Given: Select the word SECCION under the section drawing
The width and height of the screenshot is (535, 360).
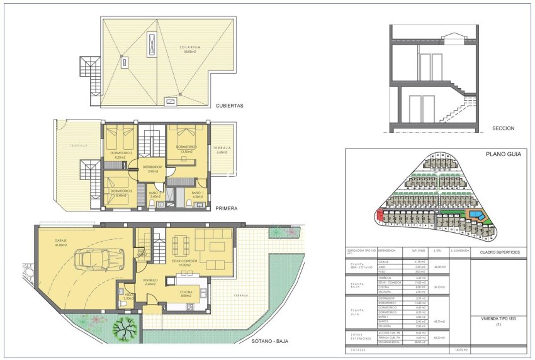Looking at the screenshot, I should coord(504,128).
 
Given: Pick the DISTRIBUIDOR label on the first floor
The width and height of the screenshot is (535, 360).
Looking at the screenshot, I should coord(152,167).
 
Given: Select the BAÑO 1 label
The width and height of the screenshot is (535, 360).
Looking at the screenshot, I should coord(196,193).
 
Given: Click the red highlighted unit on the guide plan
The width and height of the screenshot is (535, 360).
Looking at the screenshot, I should coord(378,215).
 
